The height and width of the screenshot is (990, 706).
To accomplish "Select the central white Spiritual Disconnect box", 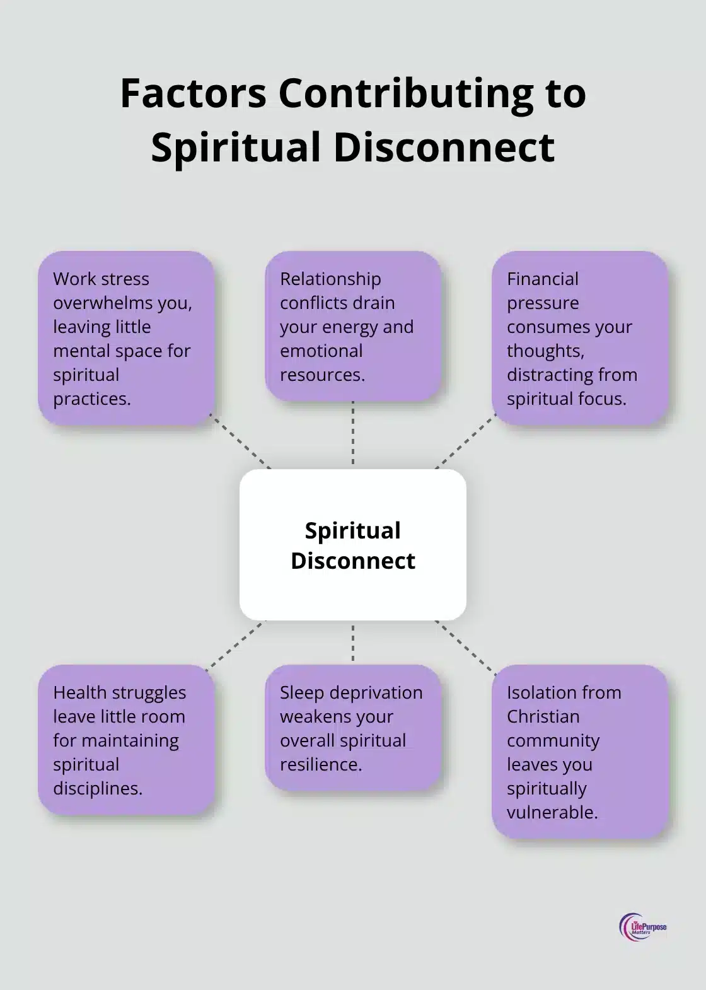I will coord(352,545).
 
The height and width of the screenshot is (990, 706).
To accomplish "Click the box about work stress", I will coord(125,338).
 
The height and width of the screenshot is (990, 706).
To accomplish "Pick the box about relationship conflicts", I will coord(352,326).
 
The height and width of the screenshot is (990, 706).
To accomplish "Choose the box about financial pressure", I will coord(579,338).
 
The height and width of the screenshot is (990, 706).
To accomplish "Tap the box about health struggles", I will coord(125,740).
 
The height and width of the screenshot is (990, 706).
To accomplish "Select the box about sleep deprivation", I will coord(352,728).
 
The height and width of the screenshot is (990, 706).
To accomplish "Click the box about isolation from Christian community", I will coord(579,752).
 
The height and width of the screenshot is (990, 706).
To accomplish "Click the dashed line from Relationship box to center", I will coord(352,435).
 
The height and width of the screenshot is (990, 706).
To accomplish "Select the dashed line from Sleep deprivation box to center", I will coord(352,642).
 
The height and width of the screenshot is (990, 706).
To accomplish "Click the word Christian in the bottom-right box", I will coord(543,716).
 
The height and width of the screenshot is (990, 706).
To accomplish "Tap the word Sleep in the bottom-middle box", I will coord(301,692).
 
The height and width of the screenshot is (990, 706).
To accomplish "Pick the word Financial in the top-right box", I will coord(543,279).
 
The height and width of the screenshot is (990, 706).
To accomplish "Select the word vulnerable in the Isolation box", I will coord(552,812).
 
